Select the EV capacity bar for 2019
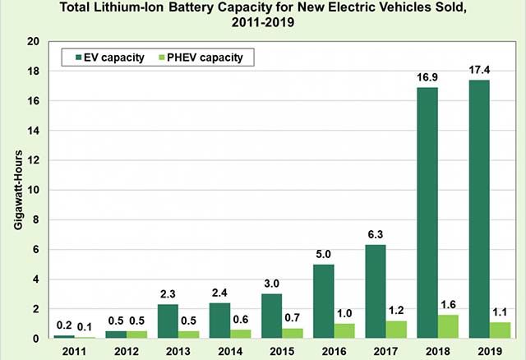(479, 209)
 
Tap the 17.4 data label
(479, 70)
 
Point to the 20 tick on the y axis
(32, 42)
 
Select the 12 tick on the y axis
(32, 160)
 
